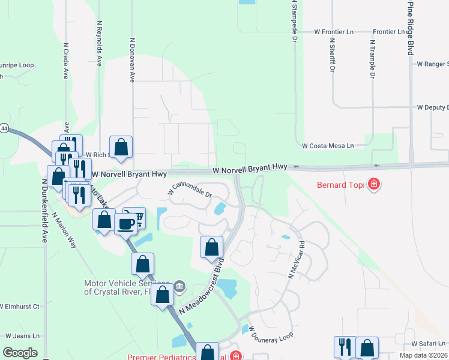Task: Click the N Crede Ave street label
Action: [65, 60]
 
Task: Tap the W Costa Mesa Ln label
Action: [328, 146]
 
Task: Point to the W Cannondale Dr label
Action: [191, 190]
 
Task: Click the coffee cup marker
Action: [126, 224]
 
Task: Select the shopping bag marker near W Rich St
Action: [121, 146]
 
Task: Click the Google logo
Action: [20, 353]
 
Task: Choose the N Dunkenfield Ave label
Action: [44, 211]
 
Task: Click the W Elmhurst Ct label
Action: [20, 306]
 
